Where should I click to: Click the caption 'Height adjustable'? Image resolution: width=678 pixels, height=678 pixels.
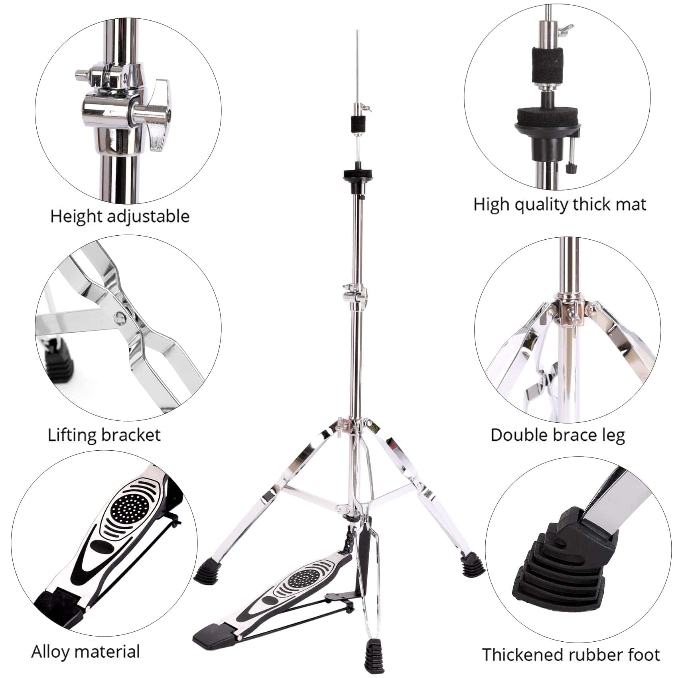click(x=120, y=216)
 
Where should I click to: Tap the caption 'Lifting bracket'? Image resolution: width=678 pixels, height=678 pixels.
click(x=104, y=434)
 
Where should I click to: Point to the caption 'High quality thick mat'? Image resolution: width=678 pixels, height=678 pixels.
click(x=560, y=205)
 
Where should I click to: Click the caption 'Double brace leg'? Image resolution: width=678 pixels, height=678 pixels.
click(x=558, y=435)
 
